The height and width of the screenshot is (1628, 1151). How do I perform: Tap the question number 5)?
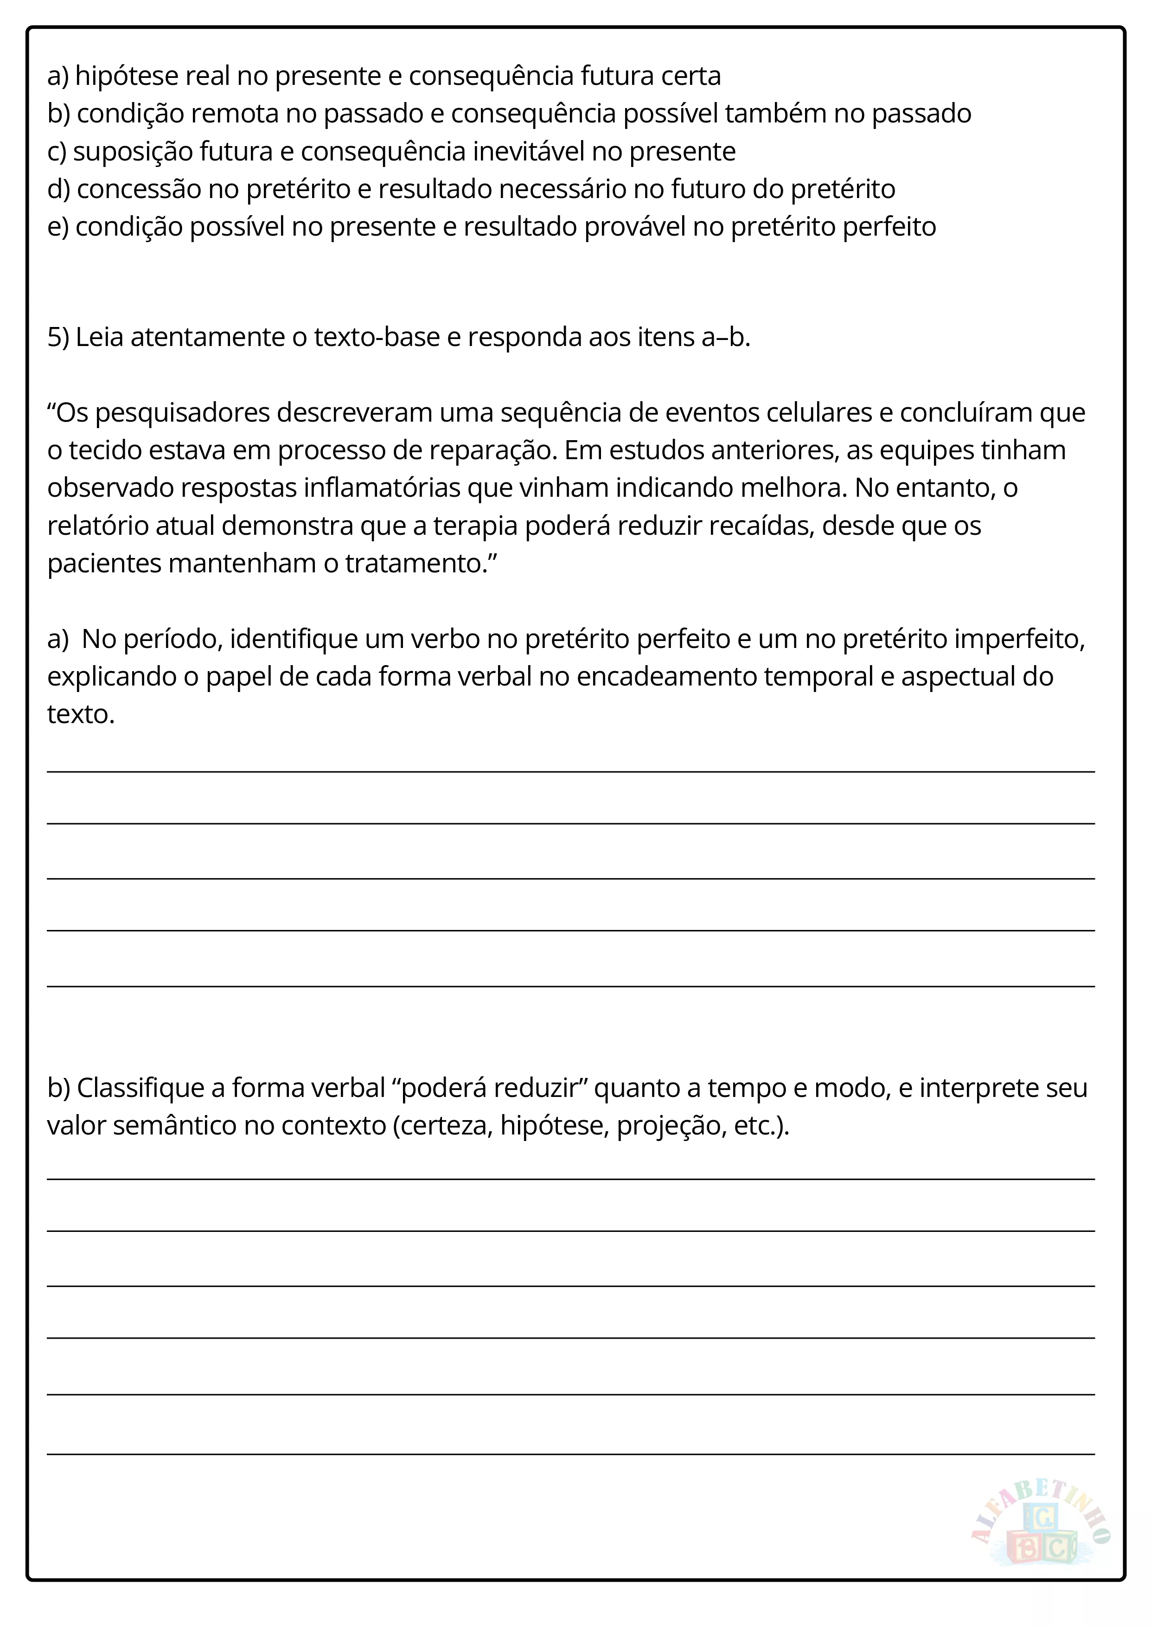point(58,338)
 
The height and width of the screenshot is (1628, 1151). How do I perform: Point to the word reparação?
point(490,450)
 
